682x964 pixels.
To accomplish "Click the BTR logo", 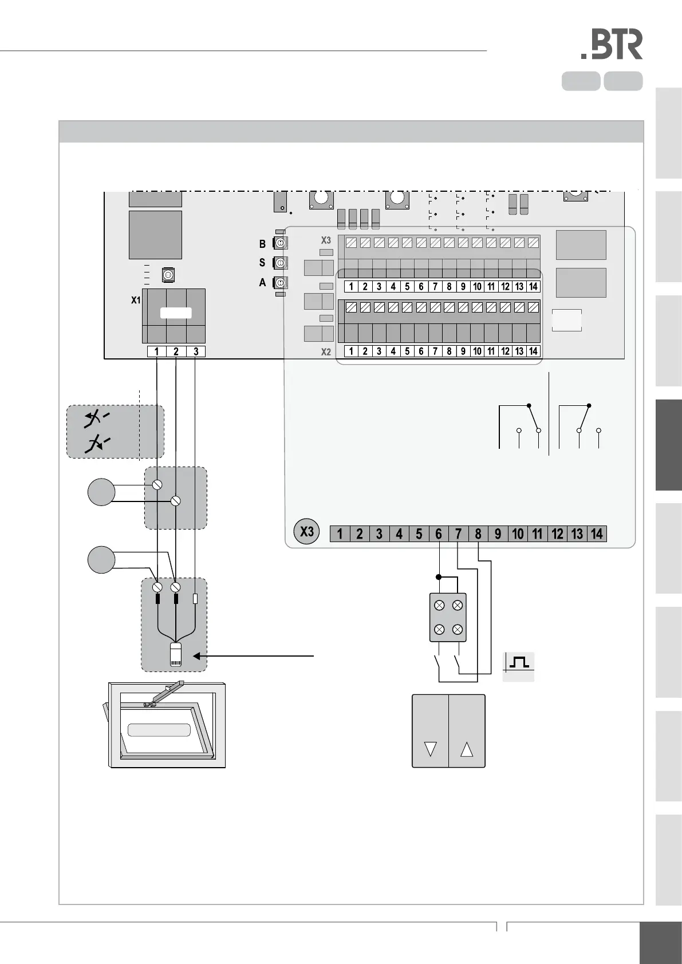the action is coord(612,45).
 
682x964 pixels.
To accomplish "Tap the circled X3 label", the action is coord(307,532).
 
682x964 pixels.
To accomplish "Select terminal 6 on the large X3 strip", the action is coord(439,534).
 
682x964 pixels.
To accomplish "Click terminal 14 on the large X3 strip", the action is coord(597,534).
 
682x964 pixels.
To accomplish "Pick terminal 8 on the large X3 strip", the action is coord(478,534).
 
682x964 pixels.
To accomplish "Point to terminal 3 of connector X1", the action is coord(196,351).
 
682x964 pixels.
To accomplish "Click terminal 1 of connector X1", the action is coord(156,351).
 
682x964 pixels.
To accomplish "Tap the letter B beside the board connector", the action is coord(262,244).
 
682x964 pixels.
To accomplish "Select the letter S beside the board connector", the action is coord(262,263).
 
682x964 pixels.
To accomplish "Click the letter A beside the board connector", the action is coord(262,283).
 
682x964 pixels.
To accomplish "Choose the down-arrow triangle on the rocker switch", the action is coord(431,749).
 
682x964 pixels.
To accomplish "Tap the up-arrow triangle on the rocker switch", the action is coord(467,749).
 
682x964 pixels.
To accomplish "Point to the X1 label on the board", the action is coord(136,300).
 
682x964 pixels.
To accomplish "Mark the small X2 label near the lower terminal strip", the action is coord(325,352).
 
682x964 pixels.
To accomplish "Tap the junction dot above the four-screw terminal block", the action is coord(439,577).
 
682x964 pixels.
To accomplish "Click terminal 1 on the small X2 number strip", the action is coord(351,351).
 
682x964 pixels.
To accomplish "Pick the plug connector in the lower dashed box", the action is coord(176,654).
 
